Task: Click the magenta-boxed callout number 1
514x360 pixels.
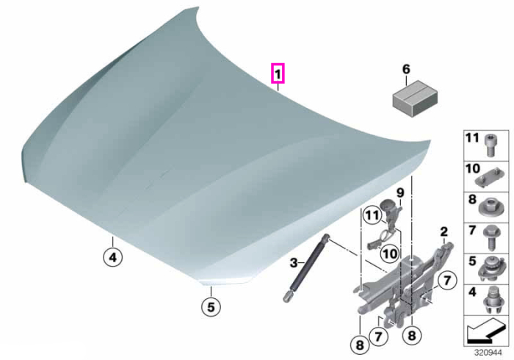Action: (278, 73)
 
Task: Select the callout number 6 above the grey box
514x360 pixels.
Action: (406, 69)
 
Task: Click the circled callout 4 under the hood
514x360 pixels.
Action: (113, 257)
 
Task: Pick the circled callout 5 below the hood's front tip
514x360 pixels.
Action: (211, 307)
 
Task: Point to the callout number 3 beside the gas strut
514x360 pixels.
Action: (294, 262)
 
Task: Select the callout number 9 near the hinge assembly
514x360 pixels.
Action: (400, 192)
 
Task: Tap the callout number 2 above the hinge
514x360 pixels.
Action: (444, 232)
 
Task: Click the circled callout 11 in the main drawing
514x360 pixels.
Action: (372, 216)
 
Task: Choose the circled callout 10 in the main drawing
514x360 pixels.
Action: (390, 253)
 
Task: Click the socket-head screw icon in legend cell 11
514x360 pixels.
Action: (490, 145)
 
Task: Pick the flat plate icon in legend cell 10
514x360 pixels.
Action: (488, 177)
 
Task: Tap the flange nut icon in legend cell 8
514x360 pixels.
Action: (489, 207)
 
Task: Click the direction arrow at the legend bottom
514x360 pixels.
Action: (486, 331)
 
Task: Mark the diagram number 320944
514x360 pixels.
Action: (488, 353)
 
